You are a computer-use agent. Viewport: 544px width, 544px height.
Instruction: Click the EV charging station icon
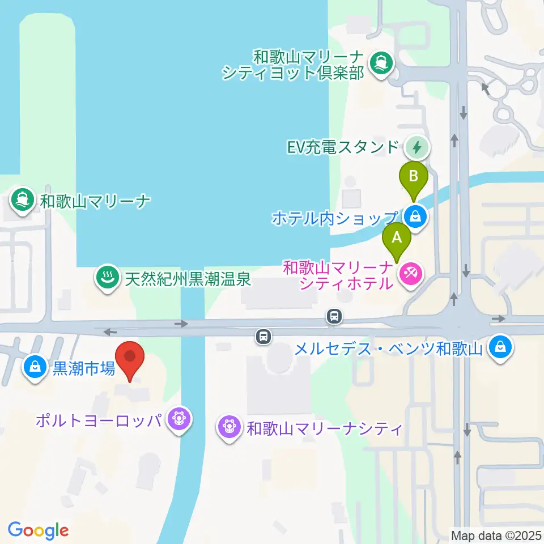(417, 148)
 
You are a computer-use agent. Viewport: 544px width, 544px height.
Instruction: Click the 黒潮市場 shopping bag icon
(35, 368)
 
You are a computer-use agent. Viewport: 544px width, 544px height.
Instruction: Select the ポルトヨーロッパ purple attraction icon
(180, 420)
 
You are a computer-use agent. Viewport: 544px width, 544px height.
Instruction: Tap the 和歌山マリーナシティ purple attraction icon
(229, 426)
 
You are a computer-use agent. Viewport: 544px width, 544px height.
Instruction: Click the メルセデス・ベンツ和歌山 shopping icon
(500, 346)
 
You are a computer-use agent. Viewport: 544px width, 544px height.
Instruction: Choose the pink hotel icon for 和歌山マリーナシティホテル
(409, 275)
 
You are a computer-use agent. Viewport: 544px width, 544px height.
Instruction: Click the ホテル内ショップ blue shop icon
(416, 216)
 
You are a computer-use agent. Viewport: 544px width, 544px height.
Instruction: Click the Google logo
(39, 530)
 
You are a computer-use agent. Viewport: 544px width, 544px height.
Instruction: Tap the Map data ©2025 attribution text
(495, 534)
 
